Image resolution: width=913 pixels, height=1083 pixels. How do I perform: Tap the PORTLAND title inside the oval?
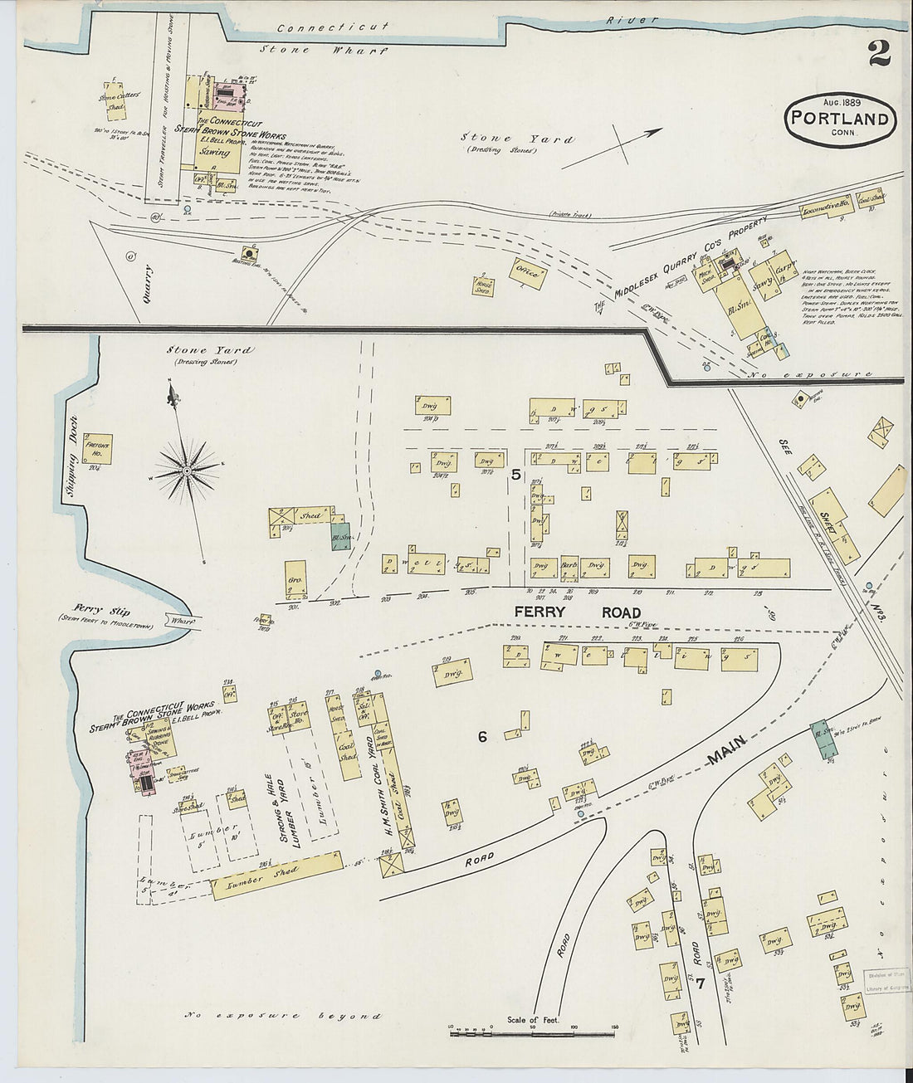[x=840, y=119]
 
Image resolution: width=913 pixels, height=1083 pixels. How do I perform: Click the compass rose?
[x=188, y=471]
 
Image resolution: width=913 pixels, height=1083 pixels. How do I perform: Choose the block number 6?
[x=481, y=737]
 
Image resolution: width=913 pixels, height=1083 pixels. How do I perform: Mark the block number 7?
[x=701, y=985]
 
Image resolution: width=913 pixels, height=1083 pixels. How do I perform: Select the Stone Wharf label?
[x=324, y=50]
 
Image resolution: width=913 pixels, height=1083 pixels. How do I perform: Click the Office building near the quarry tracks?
[x=528, y=273]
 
